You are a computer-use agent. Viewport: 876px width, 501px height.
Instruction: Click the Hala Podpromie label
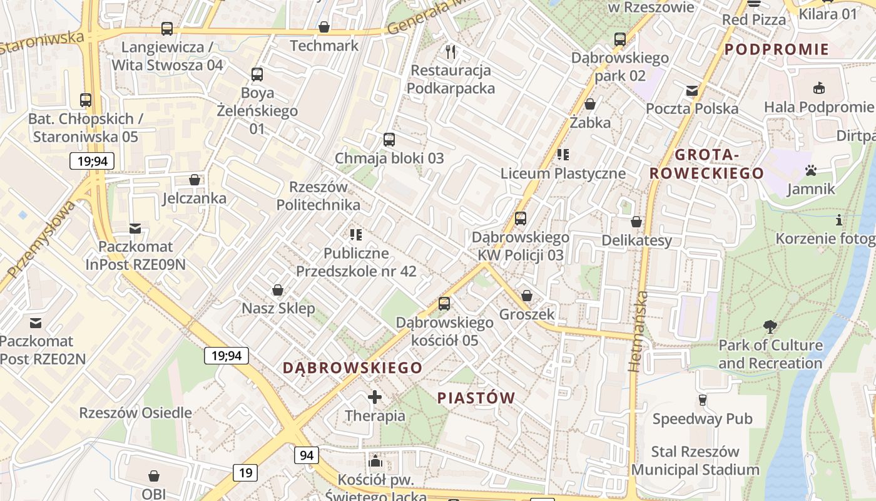(818, 107)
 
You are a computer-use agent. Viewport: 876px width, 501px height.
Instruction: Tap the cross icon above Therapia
(375, 397)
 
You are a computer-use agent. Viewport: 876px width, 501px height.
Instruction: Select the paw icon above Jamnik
(812, 170)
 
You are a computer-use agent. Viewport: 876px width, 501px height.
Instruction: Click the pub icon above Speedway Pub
(702, 400)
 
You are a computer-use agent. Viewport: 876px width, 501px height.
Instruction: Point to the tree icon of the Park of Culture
(770, 326)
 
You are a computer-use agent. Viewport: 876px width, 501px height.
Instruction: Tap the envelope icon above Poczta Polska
(692, 91)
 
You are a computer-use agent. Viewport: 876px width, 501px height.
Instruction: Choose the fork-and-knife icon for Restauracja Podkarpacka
(451, 51)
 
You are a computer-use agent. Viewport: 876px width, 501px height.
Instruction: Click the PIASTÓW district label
(476, 398)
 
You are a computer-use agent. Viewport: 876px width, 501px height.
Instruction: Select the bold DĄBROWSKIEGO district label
(353, 368)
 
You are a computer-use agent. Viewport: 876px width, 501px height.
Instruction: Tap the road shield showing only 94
(307, 455)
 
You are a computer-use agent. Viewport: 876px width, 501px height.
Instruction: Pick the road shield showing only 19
(245, 472)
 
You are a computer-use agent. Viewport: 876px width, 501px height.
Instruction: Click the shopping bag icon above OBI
(154, 477)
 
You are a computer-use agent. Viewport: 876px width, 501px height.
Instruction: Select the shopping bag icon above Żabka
(590, 104)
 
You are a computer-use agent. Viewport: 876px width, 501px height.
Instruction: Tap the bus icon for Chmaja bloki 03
(389, 140)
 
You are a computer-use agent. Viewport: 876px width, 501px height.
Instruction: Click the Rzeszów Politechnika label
(318, 196)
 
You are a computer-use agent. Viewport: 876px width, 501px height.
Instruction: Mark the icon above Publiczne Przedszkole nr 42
(356, 235)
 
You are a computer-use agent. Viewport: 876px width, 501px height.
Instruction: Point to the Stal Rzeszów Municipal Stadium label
(695, 460)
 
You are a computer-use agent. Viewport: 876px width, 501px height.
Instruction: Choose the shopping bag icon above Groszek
(527, 296)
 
